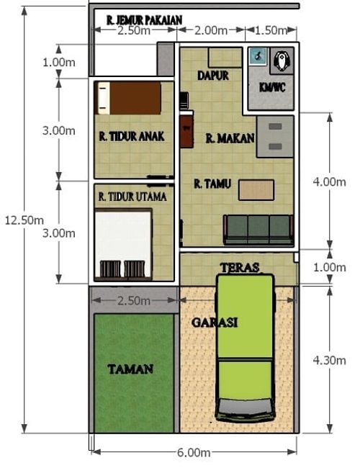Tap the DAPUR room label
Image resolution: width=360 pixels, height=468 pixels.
coord(213,75)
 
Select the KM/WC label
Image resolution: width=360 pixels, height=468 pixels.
coord(271,86)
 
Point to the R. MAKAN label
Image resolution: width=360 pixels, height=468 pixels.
coord(230,138)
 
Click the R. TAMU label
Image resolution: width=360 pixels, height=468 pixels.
coord(212,184)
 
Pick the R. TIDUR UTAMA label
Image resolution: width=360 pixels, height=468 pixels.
coord(132,196)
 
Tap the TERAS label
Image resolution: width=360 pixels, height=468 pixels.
coord(240,266)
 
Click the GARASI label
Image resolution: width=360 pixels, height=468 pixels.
coord(215,323)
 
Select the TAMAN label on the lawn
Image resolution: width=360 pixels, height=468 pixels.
coord(130,369)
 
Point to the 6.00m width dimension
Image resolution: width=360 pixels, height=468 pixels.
coord(194,452)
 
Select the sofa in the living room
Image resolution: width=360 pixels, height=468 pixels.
coord(258,230)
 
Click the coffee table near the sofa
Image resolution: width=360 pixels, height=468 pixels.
coord(256,189)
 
